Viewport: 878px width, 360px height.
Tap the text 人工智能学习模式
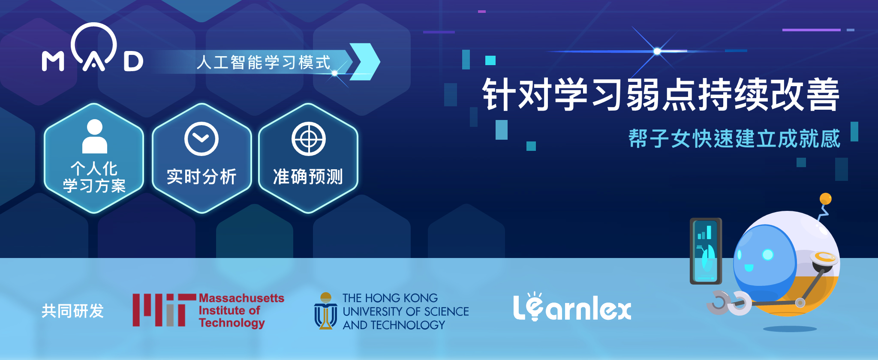click(264, 63)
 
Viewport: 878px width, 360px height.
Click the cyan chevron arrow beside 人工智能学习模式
click(365, 62)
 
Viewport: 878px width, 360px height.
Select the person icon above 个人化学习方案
click(94, 136)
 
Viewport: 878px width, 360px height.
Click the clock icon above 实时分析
click(201, 139)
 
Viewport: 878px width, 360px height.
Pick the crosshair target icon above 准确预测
click(309, 139)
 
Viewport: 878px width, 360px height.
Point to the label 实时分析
click(201, 177)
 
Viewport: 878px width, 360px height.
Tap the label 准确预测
click(308, 177)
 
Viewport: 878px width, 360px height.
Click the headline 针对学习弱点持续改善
click(661, 95)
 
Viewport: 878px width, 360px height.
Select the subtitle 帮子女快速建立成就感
click(734, 138)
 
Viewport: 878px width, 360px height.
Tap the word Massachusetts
click(241, 298)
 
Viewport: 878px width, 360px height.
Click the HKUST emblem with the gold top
click(326, 311)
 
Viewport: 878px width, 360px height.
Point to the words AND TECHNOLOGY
click(394, 325)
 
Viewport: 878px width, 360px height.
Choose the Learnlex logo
click(572, 306)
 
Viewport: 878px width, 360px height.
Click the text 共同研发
click(73, 311)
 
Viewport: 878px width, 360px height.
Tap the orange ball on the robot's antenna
click(825, 199)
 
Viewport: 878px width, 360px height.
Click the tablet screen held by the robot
click(705, 251)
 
